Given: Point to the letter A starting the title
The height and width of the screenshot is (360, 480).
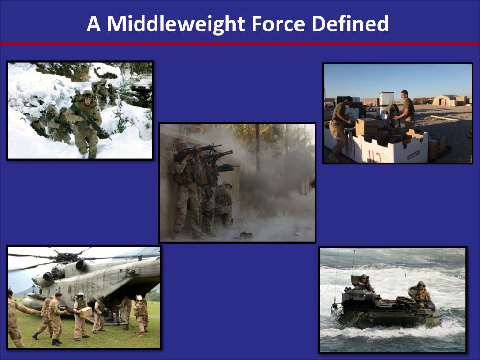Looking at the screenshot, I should pyautogui.click(x=93, y=24).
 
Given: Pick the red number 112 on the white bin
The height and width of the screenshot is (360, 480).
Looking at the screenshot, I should pyautogui.click(x=374, y=156).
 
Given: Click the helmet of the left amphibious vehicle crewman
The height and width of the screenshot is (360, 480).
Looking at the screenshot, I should pyautogui.click(x=363, y=277).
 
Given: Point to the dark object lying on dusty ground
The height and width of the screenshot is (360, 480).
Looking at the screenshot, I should pyautogui.click(x=244, y=235).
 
